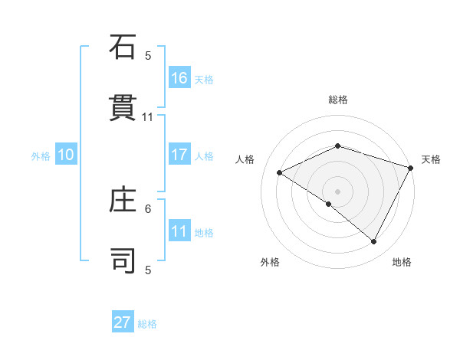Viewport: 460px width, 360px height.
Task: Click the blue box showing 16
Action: [179, 77]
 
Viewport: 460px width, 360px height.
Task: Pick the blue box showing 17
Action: [179, 155]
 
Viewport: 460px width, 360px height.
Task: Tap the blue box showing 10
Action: [66, 155]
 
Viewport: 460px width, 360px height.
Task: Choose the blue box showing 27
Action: [123, 322]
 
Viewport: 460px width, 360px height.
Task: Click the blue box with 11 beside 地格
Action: [179, 231]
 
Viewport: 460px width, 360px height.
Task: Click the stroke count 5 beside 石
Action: [148, 56]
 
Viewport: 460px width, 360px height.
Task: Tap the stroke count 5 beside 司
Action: [148, 270]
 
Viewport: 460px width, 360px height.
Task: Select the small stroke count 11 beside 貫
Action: [148, 117]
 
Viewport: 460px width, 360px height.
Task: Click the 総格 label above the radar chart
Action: [337, 100]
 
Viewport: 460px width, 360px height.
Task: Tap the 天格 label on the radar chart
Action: [431, 159]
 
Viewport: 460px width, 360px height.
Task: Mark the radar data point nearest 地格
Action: [374, 242]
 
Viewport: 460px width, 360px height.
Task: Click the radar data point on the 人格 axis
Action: [280, 173]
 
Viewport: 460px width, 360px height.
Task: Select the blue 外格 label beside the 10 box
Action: [41, 155]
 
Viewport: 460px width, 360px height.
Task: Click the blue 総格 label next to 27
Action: [147, 324]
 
